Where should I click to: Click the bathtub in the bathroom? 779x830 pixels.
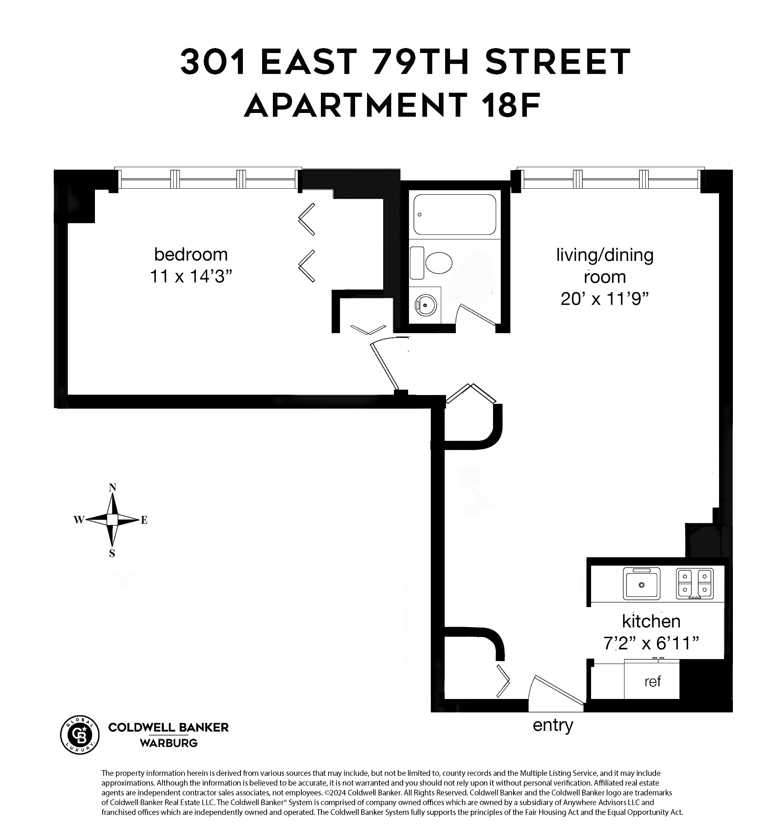point(455,214)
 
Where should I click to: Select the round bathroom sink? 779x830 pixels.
point(425,305)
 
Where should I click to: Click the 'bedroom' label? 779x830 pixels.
point(191,254)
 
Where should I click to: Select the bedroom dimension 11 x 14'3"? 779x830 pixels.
point(191,276)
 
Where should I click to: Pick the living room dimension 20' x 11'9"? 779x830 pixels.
point(604,299)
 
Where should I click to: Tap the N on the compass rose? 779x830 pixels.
point(112,487)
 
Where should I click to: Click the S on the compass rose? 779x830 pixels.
point(112,554)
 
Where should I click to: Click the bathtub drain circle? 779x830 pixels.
point(420,214)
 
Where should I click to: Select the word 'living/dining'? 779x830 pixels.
point(604,255)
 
